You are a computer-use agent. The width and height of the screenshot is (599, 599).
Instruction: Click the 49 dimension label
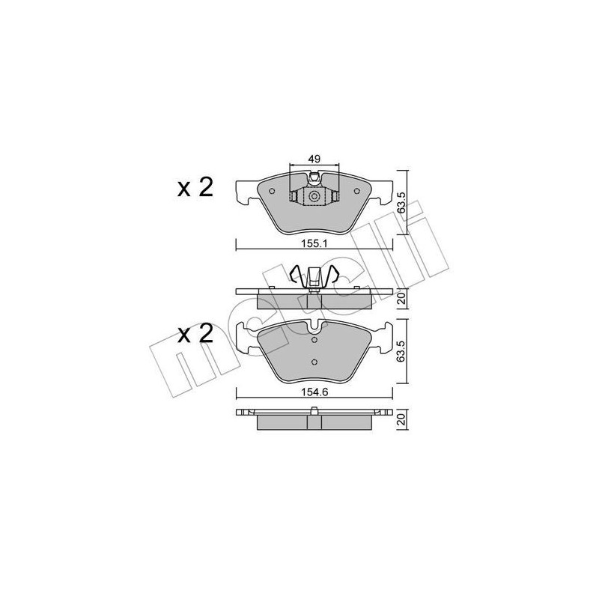click(314, 159)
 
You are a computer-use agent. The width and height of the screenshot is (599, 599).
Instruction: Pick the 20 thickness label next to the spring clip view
click(402, 299)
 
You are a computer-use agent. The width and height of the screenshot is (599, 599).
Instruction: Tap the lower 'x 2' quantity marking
click(195, 334)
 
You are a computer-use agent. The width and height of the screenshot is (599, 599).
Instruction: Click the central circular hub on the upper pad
click(314, 196)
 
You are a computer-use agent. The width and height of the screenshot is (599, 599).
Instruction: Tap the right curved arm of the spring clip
click(334, 276)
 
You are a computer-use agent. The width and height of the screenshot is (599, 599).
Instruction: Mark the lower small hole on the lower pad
click(314, 364)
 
